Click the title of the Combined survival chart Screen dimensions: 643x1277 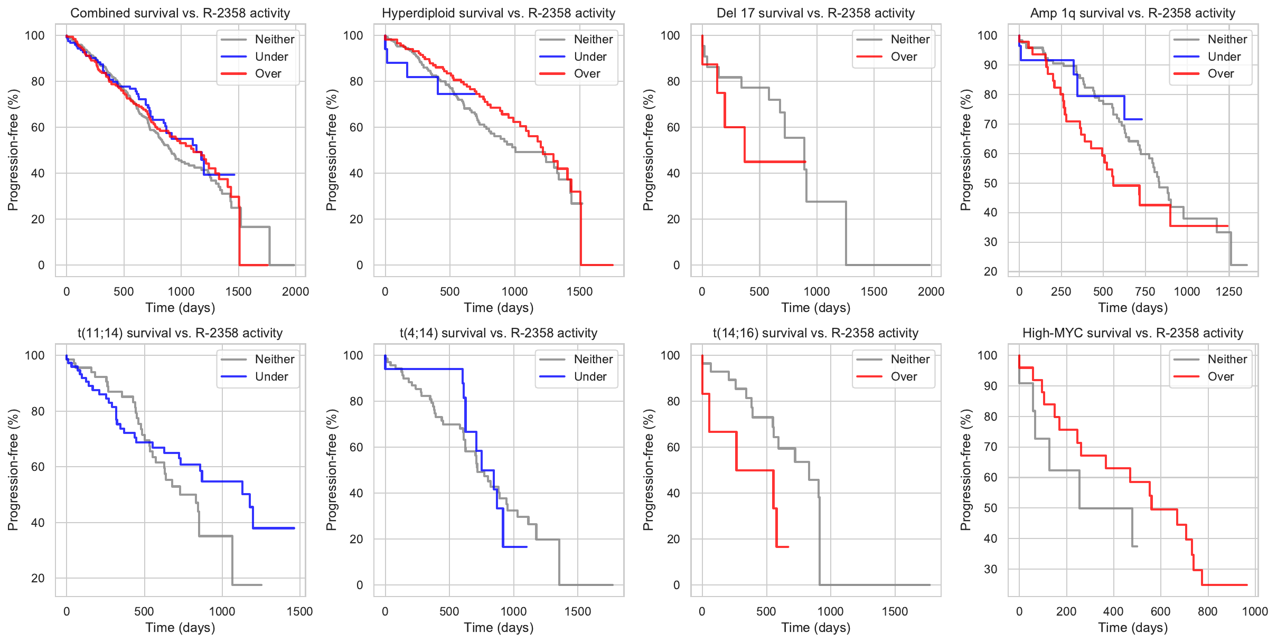coord(180,13)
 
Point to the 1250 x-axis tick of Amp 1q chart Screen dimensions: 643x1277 coord(1228,291)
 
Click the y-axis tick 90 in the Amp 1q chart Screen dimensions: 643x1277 coord(987,65)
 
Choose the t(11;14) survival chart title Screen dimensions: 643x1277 coord(180,333)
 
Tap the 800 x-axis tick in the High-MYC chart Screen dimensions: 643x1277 coord(1207,611)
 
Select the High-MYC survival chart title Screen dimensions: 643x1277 coord(1133,333)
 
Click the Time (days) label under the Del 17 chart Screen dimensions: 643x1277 coord(816,308)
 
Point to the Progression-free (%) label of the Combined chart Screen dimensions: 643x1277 coord(13,150)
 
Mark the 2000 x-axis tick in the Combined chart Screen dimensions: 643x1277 coord(295,291)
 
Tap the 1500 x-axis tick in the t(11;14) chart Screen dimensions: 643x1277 coord(299,611)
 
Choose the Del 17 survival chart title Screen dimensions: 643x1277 coord(816,13)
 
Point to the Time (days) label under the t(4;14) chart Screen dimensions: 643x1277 coord(499,628)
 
